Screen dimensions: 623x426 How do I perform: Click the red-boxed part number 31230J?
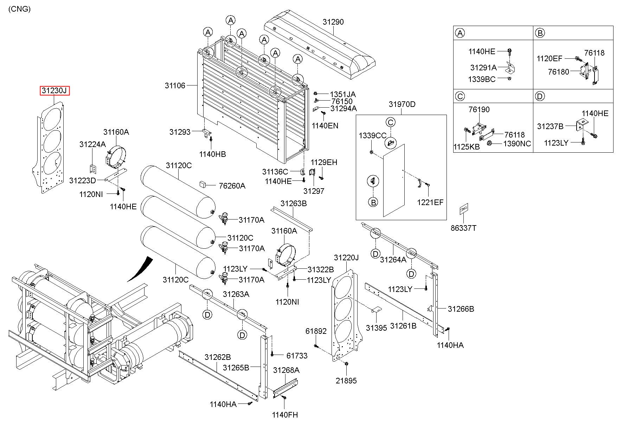54,91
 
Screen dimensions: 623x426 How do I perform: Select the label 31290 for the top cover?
333,22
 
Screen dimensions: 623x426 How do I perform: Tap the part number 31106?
175,85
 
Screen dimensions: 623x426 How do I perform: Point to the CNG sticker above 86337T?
464,209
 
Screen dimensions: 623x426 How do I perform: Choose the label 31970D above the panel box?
402,104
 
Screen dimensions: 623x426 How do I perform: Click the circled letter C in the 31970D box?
390,122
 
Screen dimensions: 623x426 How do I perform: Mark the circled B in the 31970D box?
373,202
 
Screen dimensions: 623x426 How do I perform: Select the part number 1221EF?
430,202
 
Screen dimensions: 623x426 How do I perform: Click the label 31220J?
346,258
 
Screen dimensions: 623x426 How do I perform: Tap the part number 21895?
346,381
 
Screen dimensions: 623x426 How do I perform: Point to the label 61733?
297,356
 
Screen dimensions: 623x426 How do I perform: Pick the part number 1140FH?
285,415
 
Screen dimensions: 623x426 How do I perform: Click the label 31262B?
218,357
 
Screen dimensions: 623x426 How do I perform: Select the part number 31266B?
461,309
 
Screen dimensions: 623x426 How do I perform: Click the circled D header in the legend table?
540,96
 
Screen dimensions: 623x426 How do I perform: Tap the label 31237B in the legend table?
550,126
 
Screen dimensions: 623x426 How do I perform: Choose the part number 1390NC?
517,144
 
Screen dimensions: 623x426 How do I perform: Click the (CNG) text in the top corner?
19,9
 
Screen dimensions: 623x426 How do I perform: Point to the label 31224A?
92,144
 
